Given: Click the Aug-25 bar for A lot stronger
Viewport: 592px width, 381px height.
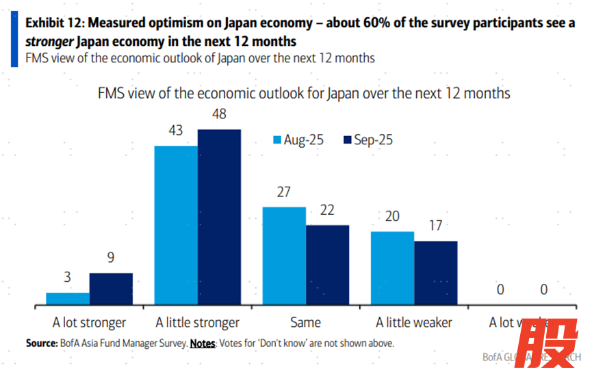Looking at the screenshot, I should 68,298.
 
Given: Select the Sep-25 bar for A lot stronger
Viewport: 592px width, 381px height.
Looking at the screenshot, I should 111,289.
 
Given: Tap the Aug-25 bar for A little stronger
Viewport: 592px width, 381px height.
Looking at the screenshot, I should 176,225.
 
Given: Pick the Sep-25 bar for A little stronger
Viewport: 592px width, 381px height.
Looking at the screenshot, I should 219,217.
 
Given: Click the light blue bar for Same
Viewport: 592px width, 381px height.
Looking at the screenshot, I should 284,256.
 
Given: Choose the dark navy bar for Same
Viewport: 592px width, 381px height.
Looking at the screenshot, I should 327,265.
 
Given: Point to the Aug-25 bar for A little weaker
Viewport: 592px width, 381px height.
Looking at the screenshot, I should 392,268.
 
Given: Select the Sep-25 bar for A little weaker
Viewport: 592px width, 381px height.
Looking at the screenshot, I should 435,273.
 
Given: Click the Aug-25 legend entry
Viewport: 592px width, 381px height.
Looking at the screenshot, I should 299,140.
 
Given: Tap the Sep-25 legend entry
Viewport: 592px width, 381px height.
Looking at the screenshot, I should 367,140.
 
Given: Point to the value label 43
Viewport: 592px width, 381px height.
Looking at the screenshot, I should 176,131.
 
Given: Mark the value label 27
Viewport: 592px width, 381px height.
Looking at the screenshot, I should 284,192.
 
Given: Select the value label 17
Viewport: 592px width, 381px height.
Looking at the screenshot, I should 435,226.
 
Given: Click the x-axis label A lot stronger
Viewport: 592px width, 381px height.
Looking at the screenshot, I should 89,322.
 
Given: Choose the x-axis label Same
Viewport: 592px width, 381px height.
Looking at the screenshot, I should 305,322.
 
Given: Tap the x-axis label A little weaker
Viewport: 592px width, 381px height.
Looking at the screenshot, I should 413,322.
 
